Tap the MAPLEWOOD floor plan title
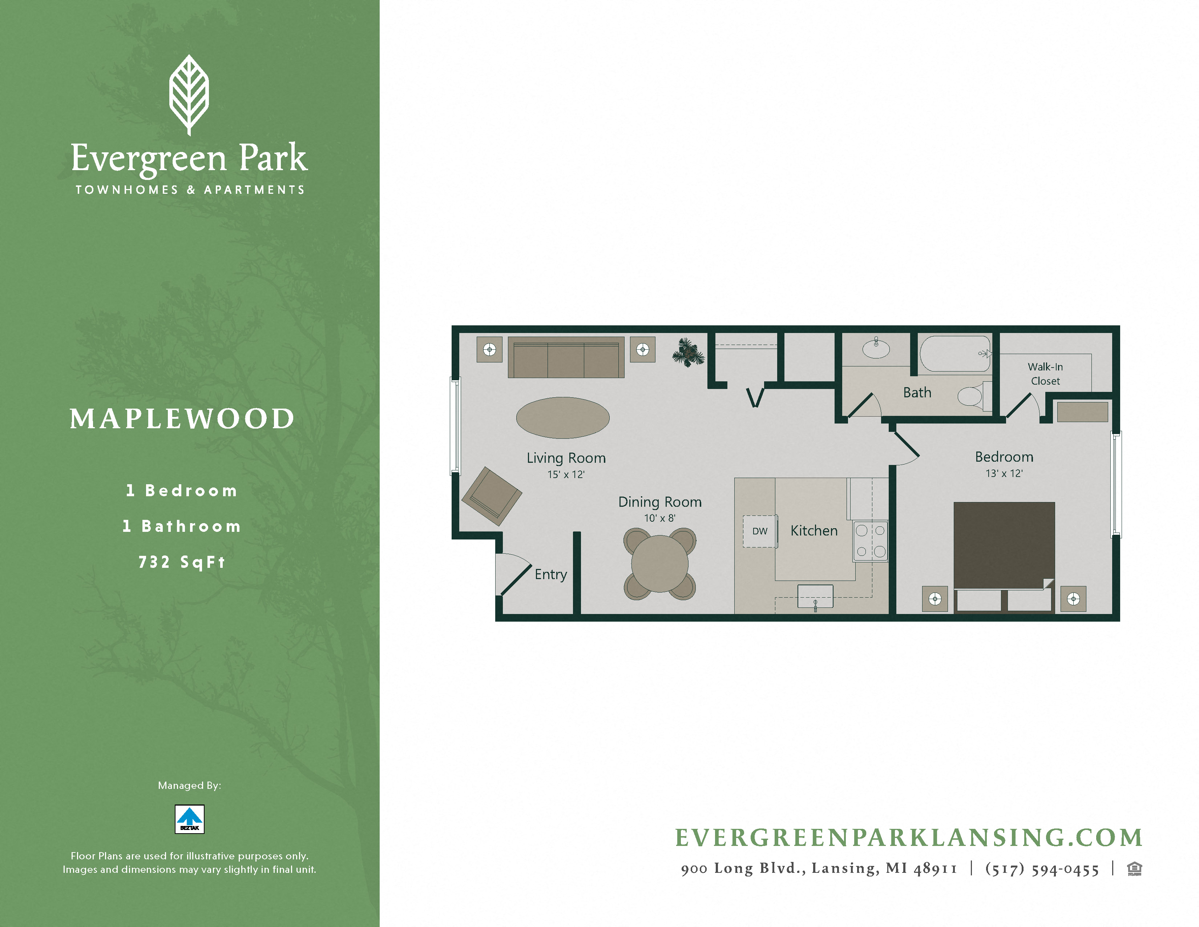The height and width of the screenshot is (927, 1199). (182, 419)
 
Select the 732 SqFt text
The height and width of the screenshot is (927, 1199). (182, 562)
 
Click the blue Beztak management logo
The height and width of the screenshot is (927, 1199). (189, 819)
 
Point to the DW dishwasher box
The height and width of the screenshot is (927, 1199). (760, 531)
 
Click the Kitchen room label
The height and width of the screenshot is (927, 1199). (814, 530)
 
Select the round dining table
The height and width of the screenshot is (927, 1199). (659, 563)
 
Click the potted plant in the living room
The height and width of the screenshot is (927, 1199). (687, 352)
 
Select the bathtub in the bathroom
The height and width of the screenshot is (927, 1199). (955, 354)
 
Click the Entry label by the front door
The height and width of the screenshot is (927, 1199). (551, 574)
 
